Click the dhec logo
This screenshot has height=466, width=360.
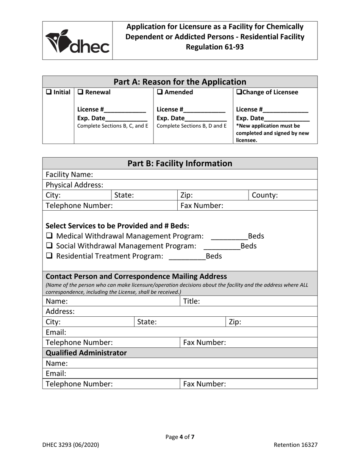pos(77,41)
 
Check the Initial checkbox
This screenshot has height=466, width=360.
pos(49,92)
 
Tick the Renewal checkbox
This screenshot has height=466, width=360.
pos(81,92)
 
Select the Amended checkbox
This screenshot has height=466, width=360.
pos(160,92)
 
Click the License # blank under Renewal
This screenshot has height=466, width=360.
pos(125,111)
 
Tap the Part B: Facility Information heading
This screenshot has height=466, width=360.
pos(180,164)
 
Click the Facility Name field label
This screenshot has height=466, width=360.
pos(69,175)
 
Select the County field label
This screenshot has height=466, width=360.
pos(265,195)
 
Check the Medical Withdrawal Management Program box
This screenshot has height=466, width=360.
pos(50,236)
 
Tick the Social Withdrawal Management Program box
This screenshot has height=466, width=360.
pos(50,246)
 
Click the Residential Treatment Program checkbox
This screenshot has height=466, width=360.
pos(50,256)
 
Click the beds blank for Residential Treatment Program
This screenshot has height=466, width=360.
pos(186,257)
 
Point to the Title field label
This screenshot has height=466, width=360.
pos(192,302)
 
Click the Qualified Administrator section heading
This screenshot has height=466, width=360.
pos(86,353)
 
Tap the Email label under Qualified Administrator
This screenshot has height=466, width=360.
pos(56,374)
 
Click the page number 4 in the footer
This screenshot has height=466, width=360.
pos(182,437)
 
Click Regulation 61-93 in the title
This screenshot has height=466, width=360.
pos(214,47)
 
